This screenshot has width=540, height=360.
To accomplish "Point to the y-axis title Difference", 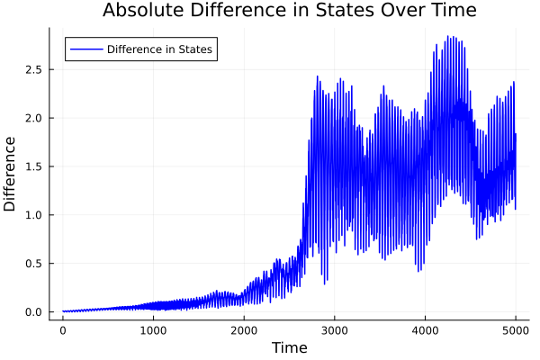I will (x=11, y=174).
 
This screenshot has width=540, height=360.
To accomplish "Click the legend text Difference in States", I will (x=159, y=49).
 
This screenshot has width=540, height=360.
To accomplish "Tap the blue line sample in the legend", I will (x=85, y=49).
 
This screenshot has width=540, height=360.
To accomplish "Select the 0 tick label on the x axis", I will (x=62, y=330).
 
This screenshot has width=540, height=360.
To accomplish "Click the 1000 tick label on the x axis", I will (x=153, y=330).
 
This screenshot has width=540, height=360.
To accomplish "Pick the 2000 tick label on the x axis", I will (x=244, y=330).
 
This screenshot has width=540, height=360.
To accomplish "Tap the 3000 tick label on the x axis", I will (x=335, y=330).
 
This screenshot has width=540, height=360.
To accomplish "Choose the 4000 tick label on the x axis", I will (x=426, y=330).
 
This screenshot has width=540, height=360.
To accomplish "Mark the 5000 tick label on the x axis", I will (x=516, y=330).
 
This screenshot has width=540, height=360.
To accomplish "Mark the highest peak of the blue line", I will (x=447, y=37).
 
